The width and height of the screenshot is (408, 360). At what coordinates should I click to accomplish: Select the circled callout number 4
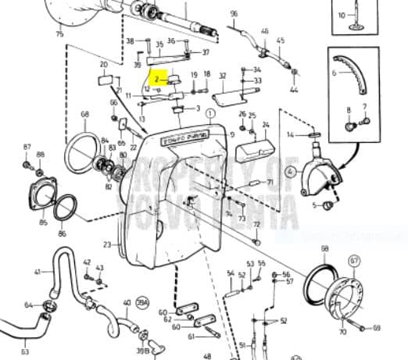coord(290,171)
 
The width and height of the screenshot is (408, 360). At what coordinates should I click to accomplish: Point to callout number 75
coord(59,34)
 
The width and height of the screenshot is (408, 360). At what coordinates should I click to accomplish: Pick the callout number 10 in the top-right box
coord(341,15)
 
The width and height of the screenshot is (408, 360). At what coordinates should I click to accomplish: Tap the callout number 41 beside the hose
coord(37,272)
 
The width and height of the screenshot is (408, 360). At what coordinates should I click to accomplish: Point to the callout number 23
coord(107,244)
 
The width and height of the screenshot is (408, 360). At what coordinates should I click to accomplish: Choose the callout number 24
coord(266,124)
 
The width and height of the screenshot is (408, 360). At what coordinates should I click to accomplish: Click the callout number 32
coord(222,76)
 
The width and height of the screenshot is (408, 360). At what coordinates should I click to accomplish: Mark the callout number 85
coord(44,223)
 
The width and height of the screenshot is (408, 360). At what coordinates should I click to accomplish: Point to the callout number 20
coord(103,65)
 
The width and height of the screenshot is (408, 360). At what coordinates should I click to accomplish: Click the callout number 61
coord(191,337)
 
